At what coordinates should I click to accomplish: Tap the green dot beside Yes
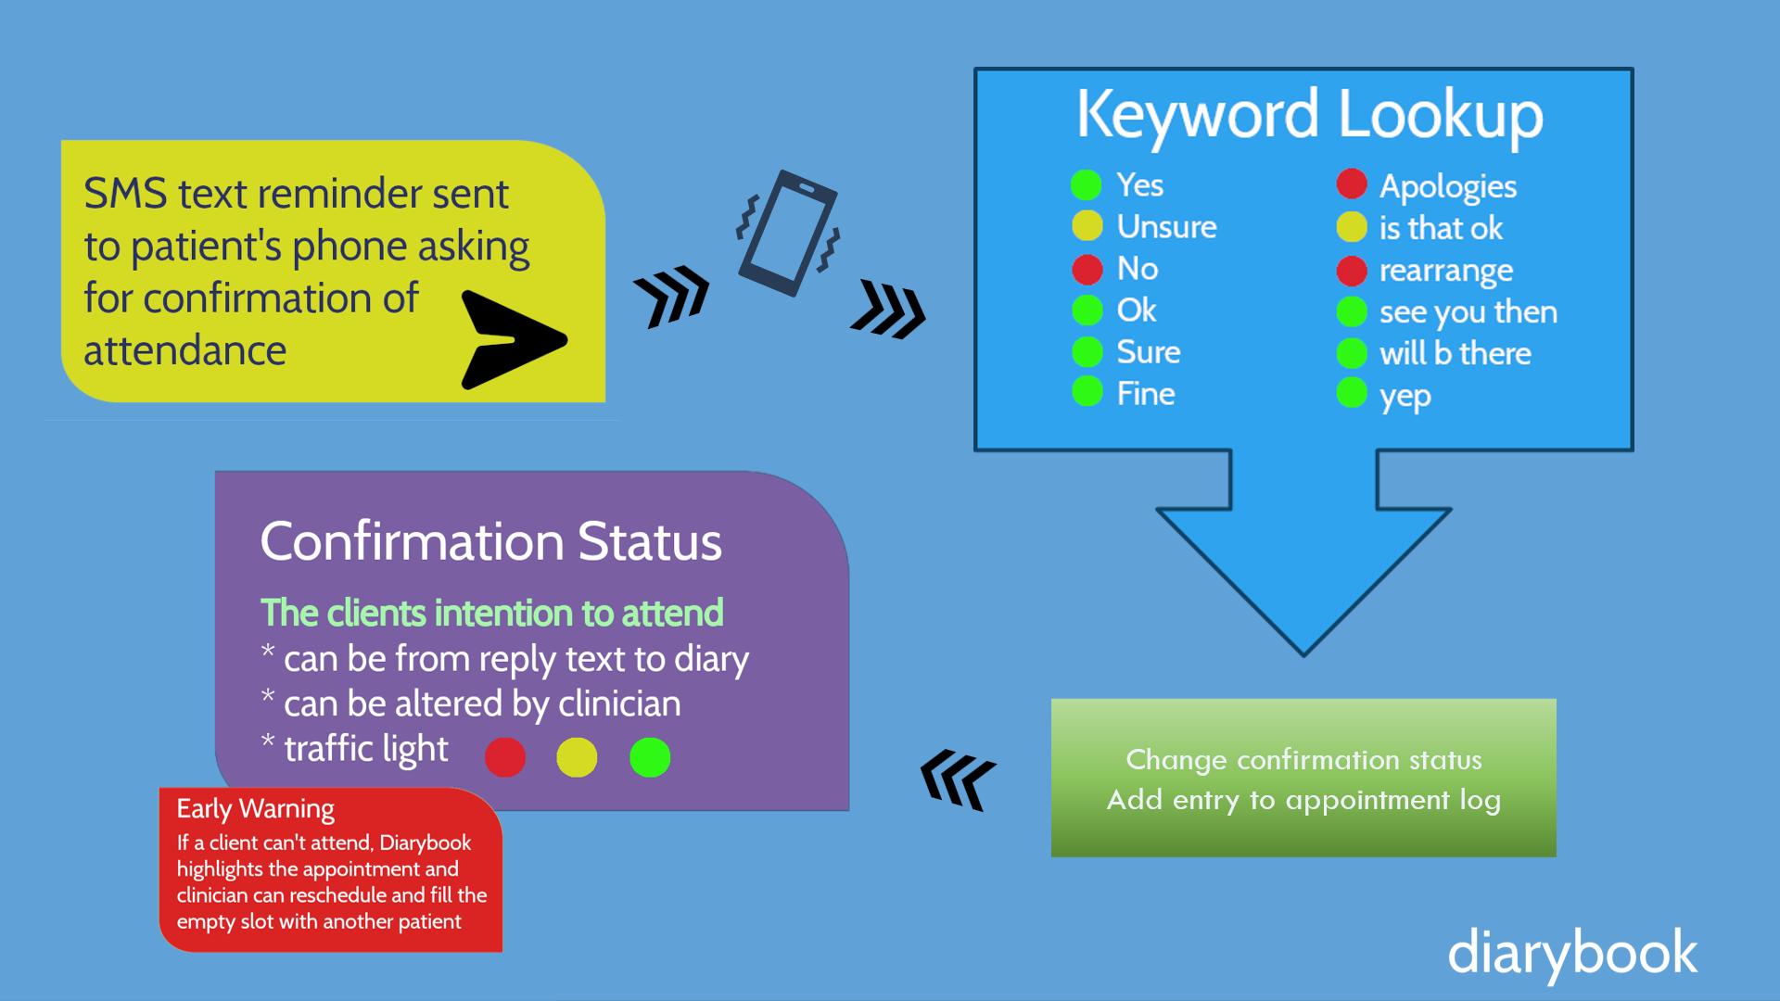(x=1087, y=184)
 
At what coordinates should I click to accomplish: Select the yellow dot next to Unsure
(x=1087, y=225)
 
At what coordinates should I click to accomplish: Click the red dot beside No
(x=1087, y=269)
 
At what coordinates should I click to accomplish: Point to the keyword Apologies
(x=1448, y=187)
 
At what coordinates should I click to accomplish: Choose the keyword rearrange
(x=1446, y=271)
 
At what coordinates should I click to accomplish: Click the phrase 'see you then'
(x=1468, y=312)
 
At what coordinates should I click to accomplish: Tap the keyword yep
(x=1405, y=397)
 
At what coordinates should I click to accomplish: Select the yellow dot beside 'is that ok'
(x=1352, y=226)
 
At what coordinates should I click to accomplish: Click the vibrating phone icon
(x=788, y=234)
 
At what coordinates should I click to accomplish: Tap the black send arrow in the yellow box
(x=513, y=340)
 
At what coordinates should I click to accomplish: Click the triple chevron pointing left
(x=958, y=779)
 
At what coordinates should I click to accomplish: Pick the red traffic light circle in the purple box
(x=505, y=757)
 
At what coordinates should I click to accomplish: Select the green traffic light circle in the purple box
(x=650, y=757)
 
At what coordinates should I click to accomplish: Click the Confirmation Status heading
(x=490, y=541)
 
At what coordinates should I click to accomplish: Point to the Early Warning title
(x=256, y=809)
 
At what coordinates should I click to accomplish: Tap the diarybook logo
(x=1572, y=954)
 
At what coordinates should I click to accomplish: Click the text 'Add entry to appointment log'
(x=1303, y=800)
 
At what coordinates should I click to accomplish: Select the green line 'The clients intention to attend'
(x=491, y=613)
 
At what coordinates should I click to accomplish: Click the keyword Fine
(x=1146, y=394)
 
